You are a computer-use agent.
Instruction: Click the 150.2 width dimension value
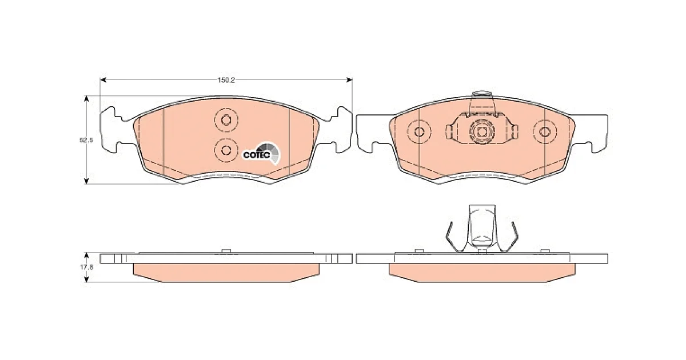point(226,80)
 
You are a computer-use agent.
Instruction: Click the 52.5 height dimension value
point(86,140)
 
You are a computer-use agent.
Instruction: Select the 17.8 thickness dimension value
point(87,267)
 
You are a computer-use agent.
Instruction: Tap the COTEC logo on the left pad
point(261,154)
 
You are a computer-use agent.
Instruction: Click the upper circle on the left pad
point(226,120)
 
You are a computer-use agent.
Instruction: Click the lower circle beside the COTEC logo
point(226,150)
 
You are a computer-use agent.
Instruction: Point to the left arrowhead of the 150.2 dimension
point(103,80)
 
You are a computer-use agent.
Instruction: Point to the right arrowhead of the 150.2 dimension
point(349,80)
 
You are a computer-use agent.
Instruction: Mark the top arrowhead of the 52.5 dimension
point(86,99)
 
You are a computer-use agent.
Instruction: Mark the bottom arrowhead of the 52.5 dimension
point(86,181)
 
